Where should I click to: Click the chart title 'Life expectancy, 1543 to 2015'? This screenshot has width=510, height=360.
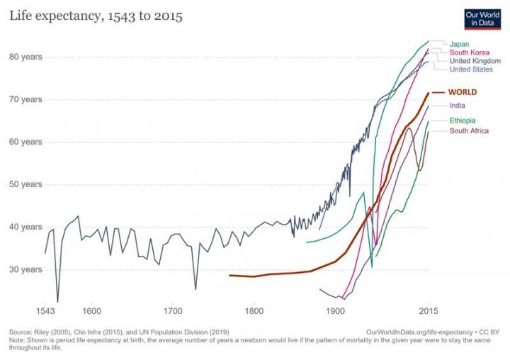tap(96, 16)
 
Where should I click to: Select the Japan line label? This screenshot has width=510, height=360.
tap(459, 44)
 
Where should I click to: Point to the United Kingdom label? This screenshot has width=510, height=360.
tap(475, 61)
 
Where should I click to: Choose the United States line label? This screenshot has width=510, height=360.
tap(471, 69)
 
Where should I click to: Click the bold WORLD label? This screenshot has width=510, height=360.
tap(463, 92)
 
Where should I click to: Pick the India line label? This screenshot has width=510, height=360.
tap(458, 106)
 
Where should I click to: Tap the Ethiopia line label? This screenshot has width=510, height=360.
tap(463, 120)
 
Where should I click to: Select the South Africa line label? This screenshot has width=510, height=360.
tap(469, 130)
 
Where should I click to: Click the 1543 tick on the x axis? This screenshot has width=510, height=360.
tap(45, 311)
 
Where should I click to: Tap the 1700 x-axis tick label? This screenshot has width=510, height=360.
tap(172, 311)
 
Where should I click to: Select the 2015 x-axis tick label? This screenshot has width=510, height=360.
tap(428, 311)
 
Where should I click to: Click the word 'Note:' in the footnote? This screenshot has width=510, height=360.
tap(18, 339)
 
